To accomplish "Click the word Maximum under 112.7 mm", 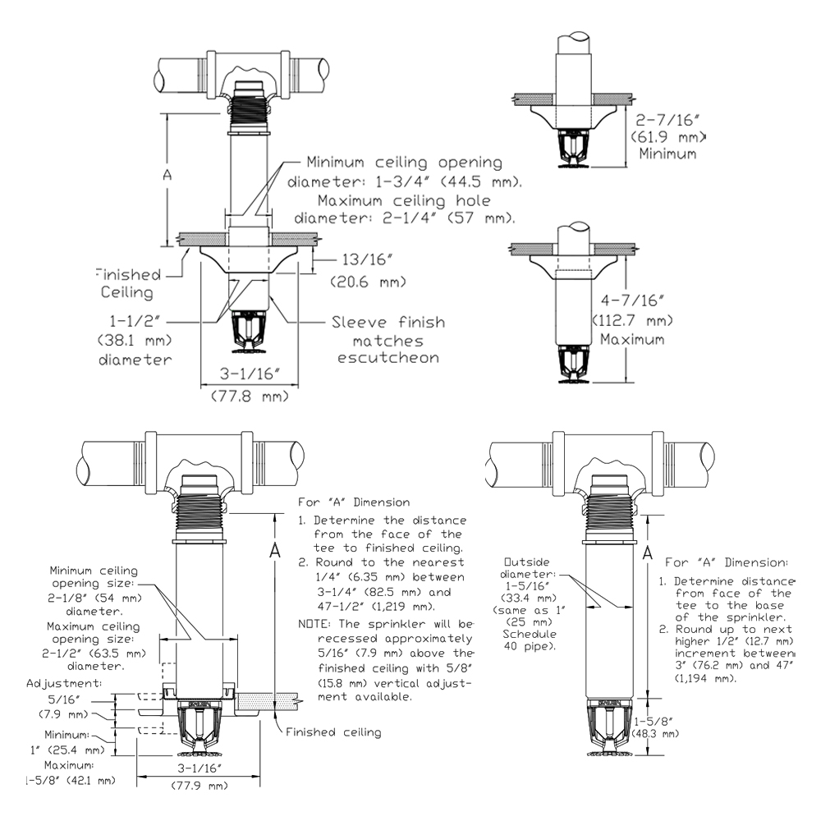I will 631,339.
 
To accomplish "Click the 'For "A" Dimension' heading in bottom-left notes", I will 354,502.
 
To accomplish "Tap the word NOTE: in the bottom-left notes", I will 315,624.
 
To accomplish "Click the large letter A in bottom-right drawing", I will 646,554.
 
